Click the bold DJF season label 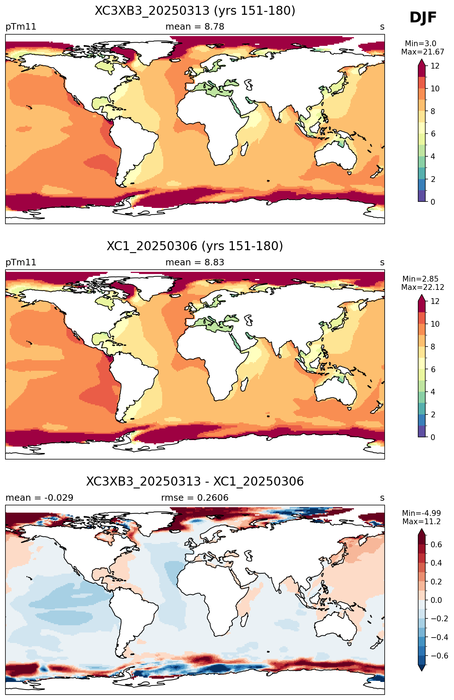(423, 18)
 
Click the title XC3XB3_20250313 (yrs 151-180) (195, 11)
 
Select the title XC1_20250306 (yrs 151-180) (195, 246)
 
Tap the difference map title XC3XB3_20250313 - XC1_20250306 (195, 482)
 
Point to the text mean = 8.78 (195, 27)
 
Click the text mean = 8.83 (195, 262)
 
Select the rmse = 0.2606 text (195, 498)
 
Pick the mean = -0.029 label (39, 498)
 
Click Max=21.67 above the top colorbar (423, 52)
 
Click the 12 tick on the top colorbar (435, 66)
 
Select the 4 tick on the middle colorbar (433, 392)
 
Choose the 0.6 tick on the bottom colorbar (436, 544)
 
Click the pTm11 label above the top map (21, 27)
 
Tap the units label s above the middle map (382, 262)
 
